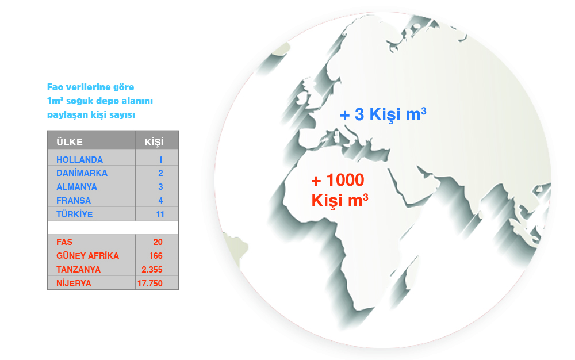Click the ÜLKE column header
coord(70,142)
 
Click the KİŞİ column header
coord(154,142)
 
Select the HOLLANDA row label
coord(79,159)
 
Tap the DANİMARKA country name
coord(82,173)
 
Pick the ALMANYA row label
coord(76,186)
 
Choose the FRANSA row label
coord(74,201)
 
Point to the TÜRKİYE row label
coord(74,214)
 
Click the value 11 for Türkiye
coord(160,215)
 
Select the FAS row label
coord(64,242)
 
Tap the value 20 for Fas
coord(158,242)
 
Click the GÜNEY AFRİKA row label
coord(87,255)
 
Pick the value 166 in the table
coord(156,256)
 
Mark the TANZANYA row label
coord(78,270)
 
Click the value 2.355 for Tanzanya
coord(152,270)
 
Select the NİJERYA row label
coord(74,284)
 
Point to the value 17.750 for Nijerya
coord(150,284)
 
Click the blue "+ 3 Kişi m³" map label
coord(383,114)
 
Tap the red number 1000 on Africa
coord(345,180)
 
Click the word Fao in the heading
coord(55,87)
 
